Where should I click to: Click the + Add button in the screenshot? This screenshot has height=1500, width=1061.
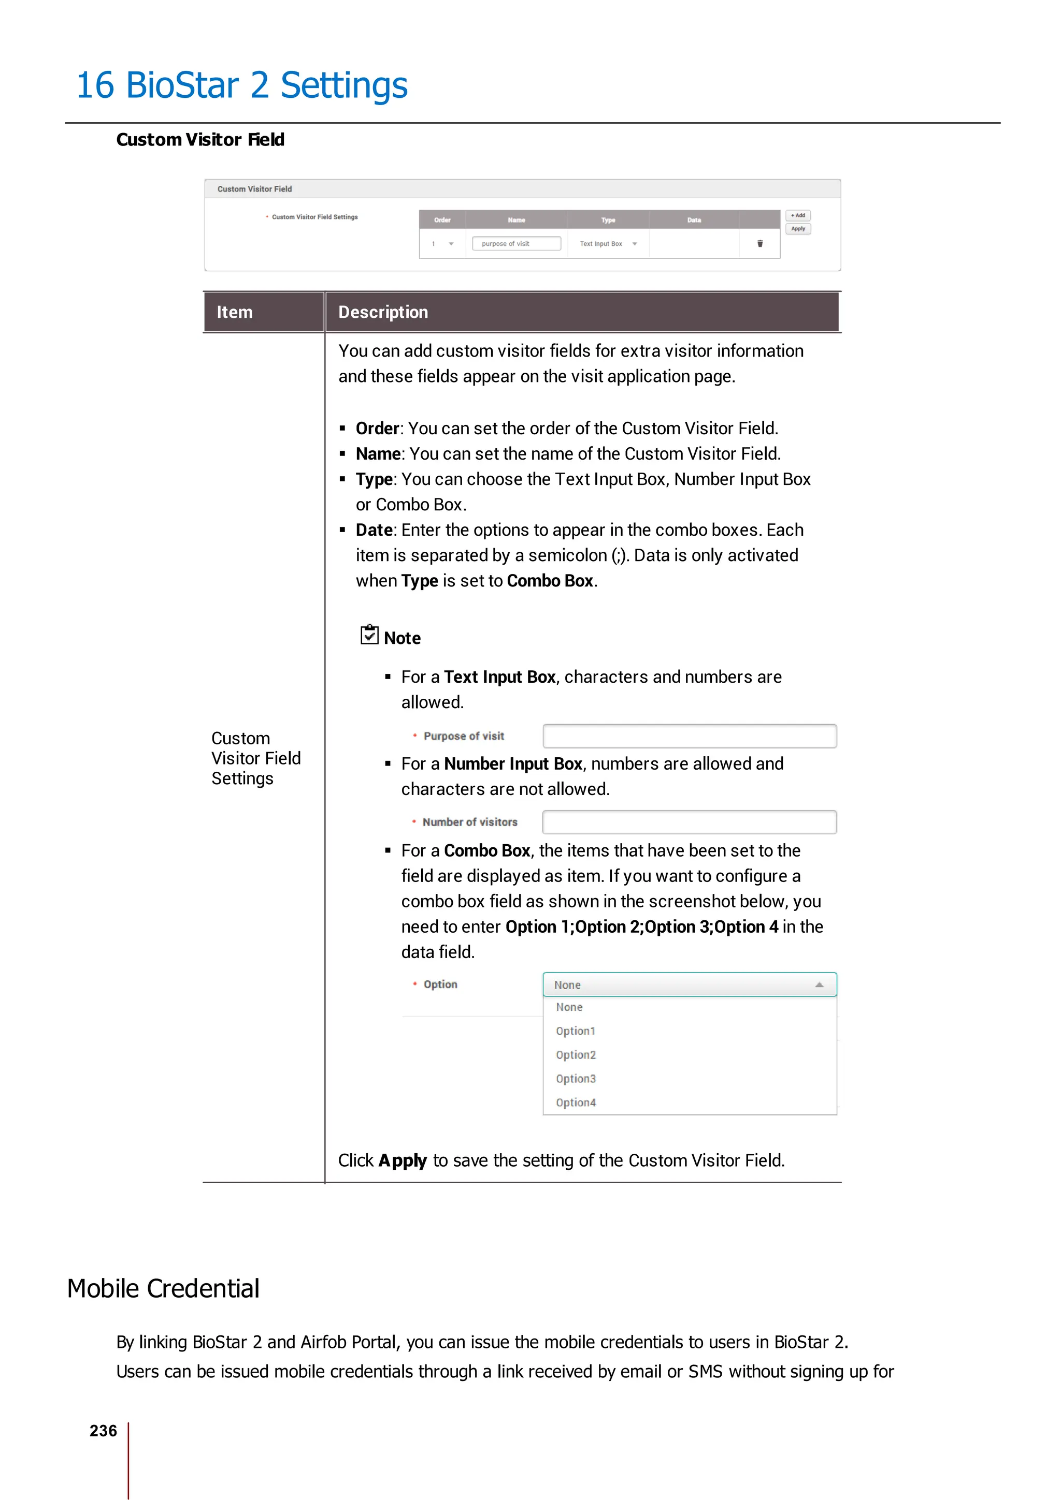pos(797,215)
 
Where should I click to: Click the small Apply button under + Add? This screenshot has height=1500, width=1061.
pos(797,229)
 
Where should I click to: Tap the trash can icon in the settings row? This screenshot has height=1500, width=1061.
pos(759,244)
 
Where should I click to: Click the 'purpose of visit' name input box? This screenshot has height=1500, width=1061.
pos(516,244)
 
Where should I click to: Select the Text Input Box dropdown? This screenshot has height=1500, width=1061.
pos(608,244)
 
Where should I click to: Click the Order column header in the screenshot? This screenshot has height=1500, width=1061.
pos(442,220)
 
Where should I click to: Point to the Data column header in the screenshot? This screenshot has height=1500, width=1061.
pos(694,220)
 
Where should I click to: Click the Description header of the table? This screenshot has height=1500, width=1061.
pos(383,312)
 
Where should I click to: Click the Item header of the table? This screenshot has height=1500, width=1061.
pos(235,312)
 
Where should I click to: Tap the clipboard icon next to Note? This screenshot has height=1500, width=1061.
pos(369,635)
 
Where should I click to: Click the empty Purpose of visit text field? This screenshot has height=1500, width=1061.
pos(689,736)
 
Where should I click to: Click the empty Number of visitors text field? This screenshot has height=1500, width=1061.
pos(689,822)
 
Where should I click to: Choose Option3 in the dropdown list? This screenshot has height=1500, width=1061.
pos(576,1079)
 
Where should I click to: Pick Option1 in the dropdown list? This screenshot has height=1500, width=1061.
pos(575,1031)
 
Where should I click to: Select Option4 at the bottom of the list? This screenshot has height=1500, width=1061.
pos(576,1103)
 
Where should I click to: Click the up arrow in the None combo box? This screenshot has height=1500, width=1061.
pos(819,984)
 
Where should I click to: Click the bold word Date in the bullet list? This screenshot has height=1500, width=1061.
pos(374,530)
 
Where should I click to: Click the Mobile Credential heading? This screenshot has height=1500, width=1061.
pos(163,1289)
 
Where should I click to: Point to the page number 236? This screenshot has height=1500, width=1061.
pos(103,1431)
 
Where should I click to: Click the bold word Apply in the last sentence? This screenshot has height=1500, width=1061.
pos(403,1160)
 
